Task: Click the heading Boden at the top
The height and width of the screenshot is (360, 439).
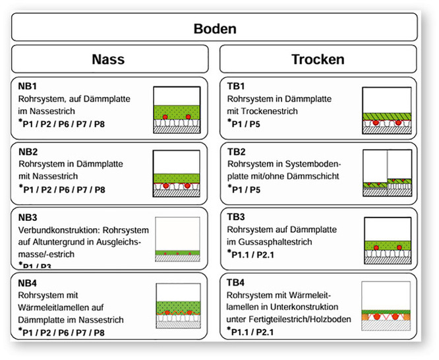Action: pos(215,29)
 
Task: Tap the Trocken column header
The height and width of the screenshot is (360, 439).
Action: pos(318,59)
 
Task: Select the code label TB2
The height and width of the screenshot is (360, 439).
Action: pos(236,151)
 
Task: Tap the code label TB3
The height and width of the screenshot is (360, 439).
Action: pos(236,218)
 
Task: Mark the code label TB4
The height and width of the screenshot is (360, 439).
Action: pos(236,283)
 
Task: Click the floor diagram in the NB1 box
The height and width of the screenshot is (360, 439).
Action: pos(177,110)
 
